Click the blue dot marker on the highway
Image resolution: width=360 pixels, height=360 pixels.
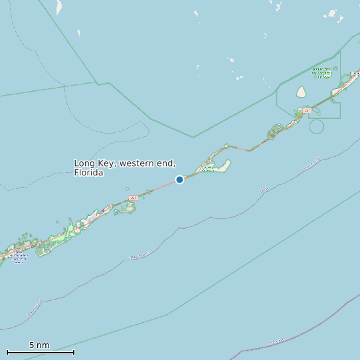(x=179, y=179)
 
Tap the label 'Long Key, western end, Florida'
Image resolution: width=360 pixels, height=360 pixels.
(x=124, y=167)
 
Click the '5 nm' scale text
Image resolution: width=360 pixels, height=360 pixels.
(x=39, y=345)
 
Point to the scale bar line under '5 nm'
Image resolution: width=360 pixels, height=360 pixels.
(x=40, y=352)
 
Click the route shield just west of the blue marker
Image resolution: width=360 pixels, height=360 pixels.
(x=133, y=198)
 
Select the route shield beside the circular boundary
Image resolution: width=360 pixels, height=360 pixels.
(x=306, y=110)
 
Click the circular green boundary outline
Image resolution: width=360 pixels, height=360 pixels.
(x=317, y=126)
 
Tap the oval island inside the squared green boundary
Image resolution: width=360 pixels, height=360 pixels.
(x=301, y=92)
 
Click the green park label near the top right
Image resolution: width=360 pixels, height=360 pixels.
(x=321, y=72)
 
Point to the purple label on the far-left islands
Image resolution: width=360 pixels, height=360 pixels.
(x=19, y=258)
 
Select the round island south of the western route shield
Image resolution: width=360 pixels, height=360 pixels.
(x=129, y=208)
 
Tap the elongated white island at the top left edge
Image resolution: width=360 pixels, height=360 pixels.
(x=58, y=7)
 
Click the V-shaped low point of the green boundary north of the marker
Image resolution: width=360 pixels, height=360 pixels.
(x=193, y=137)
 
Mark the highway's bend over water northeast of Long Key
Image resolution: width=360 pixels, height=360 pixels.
(x=248, y=150)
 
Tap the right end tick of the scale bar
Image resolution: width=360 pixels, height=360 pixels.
(x=74, y=352)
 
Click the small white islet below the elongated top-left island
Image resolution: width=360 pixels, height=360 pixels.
(x=78, y=33)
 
